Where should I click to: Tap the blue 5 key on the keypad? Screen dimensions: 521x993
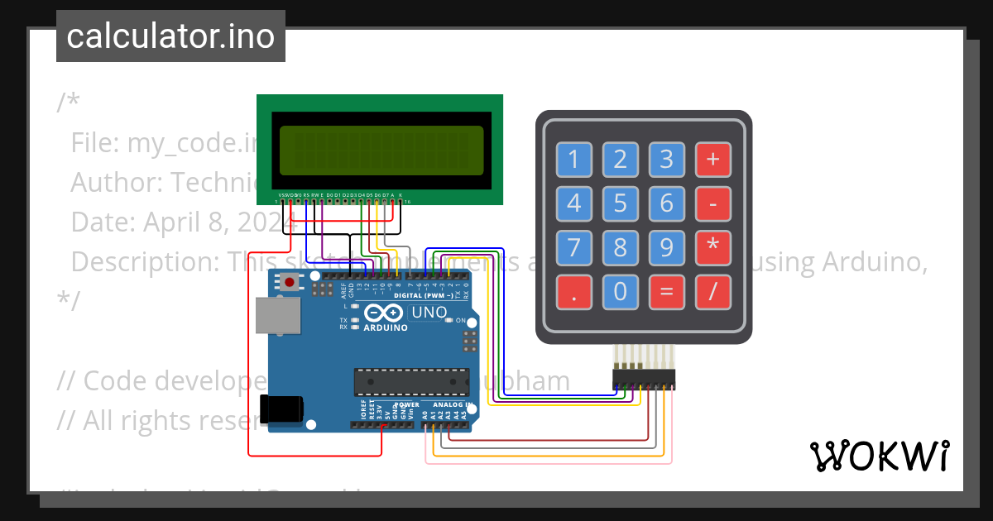pos(621,203)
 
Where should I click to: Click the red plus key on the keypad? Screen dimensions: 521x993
pos(713,159)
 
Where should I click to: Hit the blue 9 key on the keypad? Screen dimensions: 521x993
pos(667,246)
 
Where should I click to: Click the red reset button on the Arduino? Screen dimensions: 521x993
pos(290,283)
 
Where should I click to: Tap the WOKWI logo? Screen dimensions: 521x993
pos(879,456)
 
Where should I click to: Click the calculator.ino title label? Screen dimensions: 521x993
pos(170,36)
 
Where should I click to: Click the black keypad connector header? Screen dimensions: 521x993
pos(644,380)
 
